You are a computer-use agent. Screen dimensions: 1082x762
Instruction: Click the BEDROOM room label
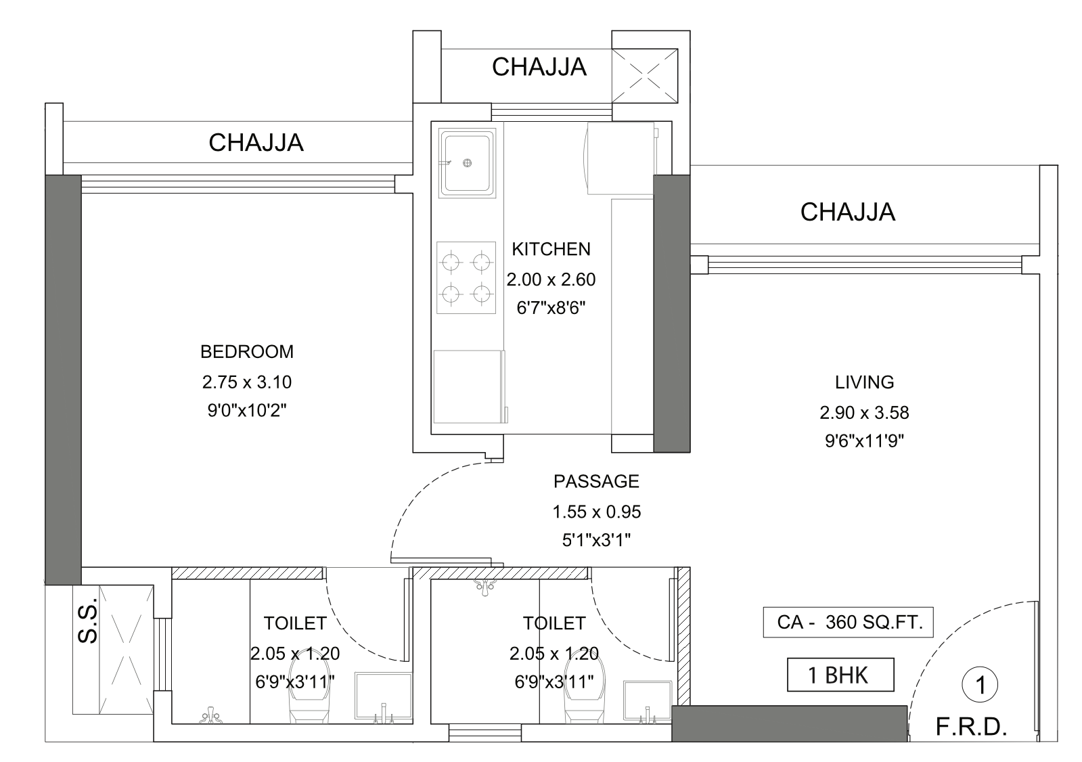[247, 352]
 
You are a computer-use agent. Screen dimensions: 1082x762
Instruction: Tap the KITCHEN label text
[551, 249]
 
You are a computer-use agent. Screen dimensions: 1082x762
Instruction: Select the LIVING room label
[864, 382]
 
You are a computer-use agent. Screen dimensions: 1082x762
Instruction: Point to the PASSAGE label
[597, 481]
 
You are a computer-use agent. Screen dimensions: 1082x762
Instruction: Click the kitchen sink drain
[467, 163]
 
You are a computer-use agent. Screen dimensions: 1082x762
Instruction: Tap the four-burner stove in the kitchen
[466, 278]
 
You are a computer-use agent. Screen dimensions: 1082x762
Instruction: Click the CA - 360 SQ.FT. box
[849, 623]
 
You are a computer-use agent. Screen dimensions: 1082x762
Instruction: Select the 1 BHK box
[840, 675]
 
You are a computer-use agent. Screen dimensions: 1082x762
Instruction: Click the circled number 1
[980, 685]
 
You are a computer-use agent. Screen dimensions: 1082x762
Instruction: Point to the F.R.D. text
[972, 727]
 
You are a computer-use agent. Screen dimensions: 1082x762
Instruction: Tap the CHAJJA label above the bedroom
[256, 143]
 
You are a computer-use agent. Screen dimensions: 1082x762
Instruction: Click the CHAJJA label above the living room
[848, 212]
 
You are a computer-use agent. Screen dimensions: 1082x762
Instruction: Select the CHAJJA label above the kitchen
[539, 67]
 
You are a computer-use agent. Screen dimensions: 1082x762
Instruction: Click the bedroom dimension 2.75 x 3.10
[247, 382]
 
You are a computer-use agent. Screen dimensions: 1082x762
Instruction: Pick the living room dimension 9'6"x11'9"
[864, 441]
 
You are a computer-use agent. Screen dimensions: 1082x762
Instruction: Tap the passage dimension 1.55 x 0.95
[597, 512]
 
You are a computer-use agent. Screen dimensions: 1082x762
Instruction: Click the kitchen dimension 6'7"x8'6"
[551, 308]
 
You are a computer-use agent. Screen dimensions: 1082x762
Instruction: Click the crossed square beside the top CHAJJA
[645, 75]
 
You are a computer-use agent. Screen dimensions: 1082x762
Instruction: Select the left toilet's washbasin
[384, 695]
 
